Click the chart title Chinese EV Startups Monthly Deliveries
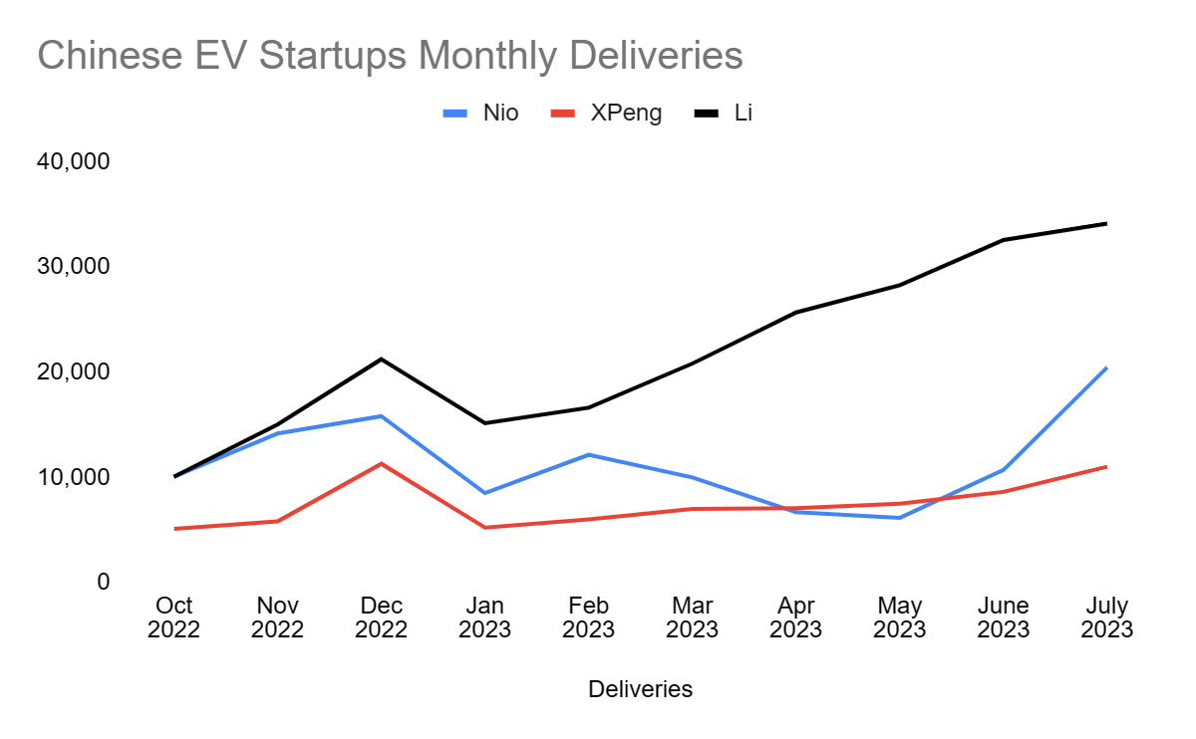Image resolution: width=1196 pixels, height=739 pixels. click(x=390, y=56)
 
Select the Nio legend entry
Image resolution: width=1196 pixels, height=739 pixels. click(x=481, y=113)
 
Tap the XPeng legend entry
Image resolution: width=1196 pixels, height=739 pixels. click(x=607, y=113)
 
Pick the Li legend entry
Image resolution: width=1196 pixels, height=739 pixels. click(x=724, y=113)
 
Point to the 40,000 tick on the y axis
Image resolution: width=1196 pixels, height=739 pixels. click(x=73, y=161)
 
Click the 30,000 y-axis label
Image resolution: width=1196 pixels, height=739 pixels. click(x=73, y=267)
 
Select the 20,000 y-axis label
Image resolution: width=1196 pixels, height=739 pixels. click(x=73, y=371)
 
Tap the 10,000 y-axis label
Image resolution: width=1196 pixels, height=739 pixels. click(x=73, y=477)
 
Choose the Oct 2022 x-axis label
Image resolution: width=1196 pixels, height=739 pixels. click(x=174, y=617)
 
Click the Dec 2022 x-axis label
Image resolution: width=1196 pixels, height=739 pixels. click(x=381, y=617)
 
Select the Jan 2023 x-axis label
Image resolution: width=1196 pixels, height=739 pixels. click(x=484, y=617)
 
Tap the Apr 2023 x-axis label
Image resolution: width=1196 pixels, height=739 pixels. click(x=795, y=617)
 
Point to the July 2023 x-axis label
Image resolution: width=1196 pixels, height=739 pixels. click(x=1106, y=617)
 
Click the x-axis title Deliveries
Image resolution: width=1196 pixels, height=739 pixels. click(x=640, y=689)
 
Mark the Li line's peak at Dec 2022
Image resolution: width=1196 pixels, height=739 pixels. click(x=381, y=359)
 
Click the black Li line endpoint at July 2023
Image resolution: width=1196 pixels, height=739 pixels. click(x=1106, y=223)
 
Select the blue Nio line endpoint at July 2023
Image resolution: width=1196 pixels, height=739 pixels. click(x=1106, y=368)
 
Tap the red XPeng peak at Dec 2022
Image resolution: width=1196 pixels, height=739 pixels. click(x=381, y=463)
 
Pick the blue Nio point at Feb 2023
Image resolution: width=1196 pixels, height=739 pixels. click(x=588, y=454)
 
